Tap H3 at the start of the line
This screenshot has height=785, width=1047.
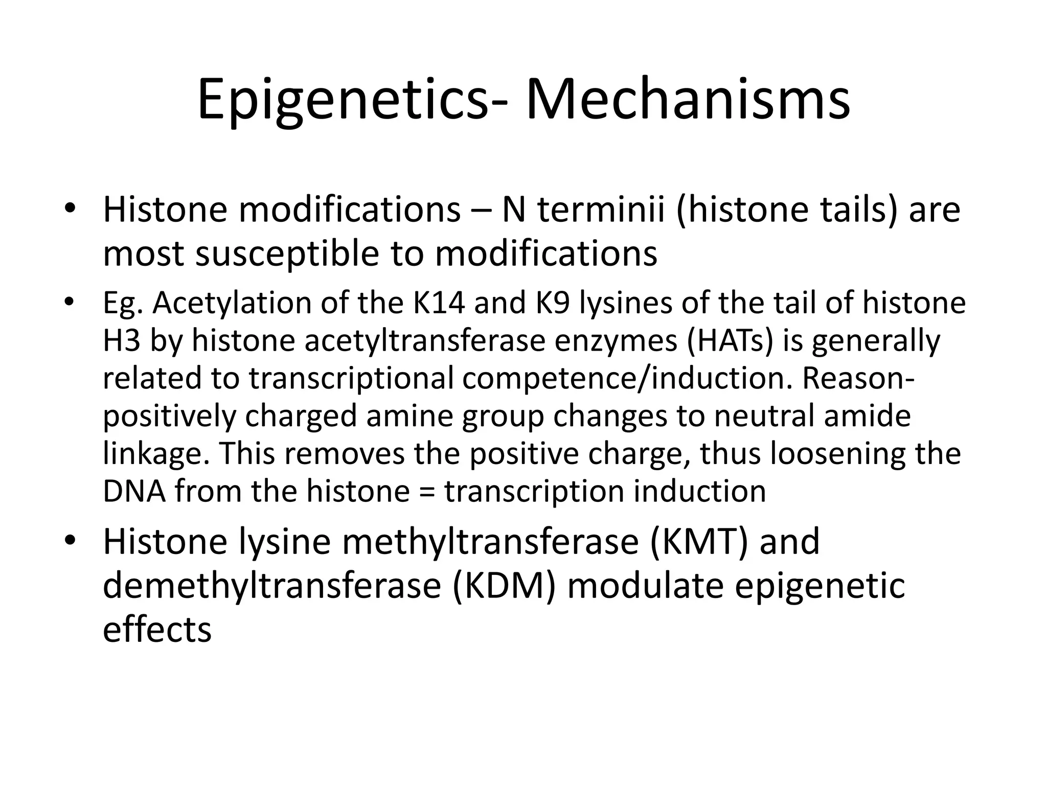121,340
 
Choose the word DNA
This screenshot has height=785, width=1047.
134,491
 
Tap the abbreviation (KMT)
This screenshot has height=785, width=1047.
700,542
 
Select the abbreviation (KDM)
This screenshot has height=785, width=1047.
504,586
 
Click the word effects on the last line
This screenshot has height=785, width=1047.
157,629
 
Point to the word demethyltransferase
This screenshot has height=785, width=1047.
271,586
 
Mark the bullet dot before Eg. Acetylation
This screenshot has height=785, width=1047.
70,302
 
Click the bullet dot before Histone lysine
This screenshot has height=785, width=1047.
70,541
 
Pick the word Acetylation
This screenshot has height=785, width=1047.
232,303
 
